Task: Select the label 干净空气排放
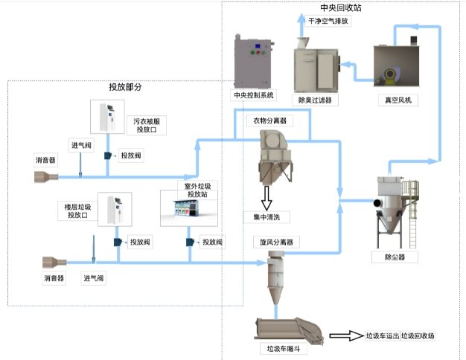tap(328, 21)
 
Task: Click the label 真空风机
tap(395, 99)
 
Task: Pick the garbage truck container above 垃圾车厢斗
tap(288, 330)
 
